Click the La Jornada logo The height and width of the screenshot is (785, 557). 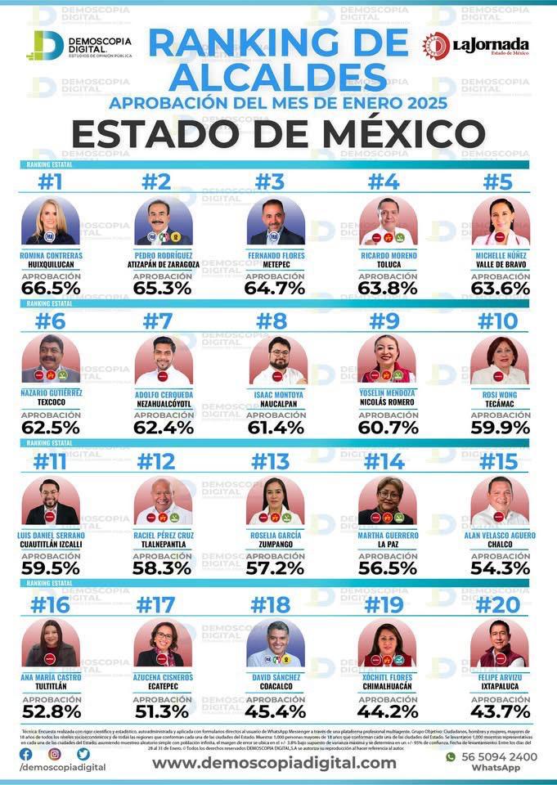(x=475, y=46)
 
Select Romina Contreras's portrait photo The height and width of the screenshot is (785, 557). (x=51, y=221)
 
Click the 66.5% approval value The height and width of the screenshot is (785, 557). (x=51, y=288)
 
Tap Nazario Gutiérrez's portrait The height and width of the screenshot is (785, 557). (x=51, y=360)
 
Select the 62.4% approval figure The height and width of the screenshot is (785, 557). (x=164, y=426)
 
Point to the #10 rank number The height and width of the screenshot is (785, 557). (x=499, y=321)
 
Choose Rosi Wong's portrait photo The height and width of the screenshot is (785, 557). (x=499, y=360)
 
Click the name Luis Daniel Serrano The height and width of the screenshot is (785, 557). (x=51, y=535)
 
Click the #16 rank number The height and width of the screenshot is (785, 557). (x=51, y=605)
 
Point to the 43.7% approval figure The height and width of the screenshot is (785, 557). (x=499, y=710)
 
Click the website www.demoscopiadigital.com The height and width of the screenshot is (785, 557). (x=274, y=762)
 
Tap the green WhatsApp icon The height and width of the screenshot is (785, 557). (x=450, y=756)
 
